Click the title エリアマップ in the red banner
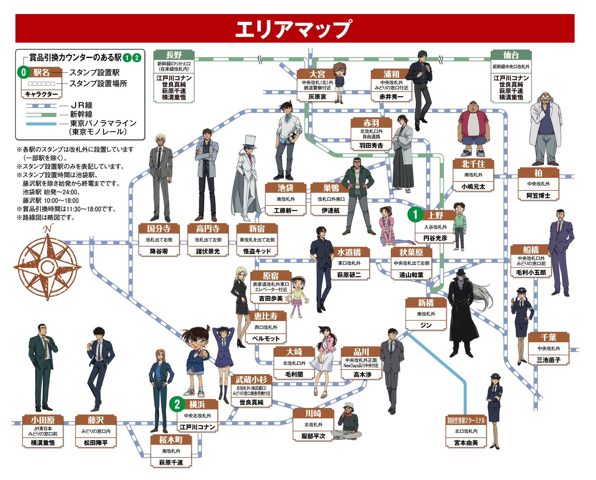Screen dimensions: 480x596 [294, 29]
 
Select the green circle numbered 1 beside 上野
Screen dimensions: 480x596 [415, 215]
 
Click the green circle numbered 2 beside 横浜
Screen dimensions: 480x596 [177, 404]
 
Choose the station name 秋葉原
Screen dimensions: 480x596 [411, 252]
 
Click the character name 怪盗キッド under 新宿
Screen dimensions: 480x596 [257, 251]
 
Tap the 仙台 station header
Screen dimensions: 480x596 [511, 55]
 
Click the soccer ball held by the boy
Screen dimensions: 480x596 [292, 136]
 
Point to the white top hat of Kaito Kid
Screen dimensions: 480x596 [250, 141]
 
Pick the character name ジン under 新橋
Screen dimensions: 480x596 [426, 325]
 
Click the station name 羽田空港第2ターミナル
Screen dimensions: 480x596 [466, 420]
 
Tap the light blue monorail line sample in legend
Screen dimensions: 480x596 [41, 124]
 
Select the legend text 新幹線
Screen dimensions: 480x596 [81, 114]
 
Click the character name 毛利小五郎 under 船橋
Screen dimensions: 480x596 [531, 272]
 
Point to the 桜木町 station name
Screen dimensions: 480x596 [171, 440]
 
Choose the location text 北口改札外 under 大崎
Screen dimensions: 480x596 [294, 363]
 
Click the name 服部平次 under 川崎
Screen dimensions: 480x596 [313, 436]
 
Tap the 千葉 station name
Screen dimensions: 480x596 [548, 337]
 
